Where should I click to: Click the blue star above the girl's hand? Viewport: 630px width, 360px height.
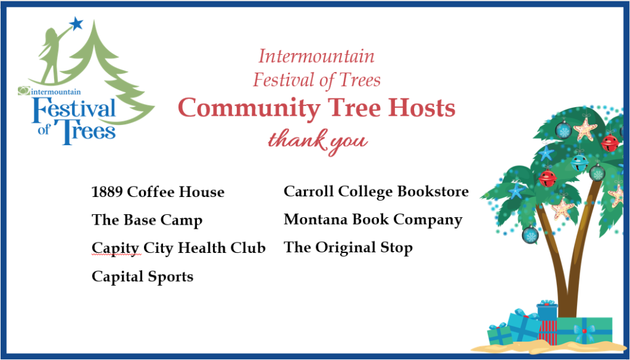[76, 23]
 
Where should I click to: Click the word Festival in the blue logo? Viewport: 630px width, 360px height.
[74, 108]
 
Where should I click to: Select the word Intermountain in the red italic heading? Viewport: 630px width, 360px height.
[317, 56]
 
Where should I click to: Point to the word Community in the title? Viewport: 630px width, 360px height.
[249, 108]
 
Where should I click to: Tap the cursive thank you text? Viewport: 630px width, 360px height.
[318, 142]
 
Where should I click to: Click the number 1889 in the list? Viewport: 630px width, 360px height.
[107, 192]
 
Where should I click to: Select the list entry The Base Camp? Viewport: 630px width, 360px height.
[147, 220]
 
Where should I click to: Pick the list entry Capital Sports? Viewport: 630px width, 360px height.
[143, 277]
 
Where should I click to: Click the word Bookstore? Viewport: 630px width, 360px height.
[433, 191]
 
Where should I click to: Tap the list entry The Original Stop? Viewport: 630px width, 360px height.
[348, 248]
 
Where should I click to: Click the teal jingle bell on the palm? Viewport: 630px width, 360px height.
[580, 162]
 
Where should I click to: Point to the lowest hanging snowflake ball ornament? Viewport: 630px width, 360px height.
[530, 234]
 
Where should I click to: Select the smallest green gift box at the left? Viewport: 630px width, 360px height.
[500, 334]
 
